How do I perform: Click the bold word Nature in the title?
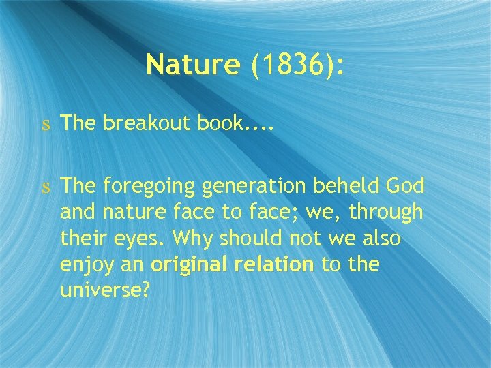click(x=193, y=65)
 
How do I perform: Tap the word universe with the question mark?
click(x=104, y=291)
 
